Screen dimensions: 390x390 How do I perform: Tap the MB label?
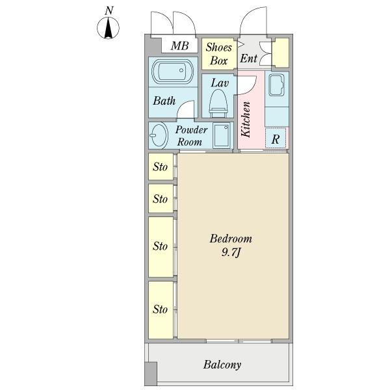179,45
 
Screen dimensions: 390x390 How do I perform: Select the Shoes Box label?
218,53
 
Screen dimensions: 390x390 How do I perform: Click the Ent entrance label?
248,58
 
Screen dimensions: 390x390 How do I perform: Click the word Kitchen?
247,119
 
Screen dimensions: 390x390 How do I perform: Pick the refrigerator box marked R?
276,138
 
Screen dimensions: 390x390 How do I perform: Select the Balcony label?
222,365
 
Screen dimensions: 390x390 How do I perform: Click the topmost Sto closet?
161,167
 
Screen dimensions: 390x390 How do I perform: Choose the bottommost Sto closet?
161,309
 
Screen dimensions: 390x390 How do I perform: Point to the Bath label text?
164,101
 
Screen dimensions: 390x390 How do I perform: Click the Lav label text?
219,83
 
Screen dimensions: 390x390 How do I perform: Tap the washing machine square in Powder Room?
222,136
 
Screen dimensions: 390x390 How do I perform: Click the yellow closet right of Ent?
281,53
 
